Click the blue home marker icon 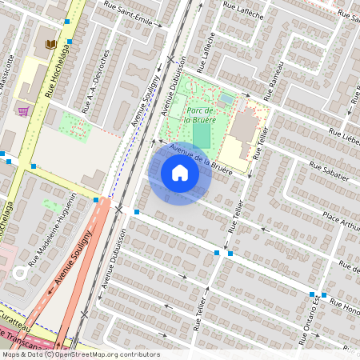pyautogui.click(x=180, y=173)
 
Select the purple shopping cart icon pyautogui.click(x=23, y=111)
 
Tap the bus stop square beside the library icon pyautogui.click(x=69, y=42)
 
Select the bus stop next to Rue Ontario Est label pyautogui.click(x=311, y=294)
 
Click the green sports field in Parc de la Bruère pyautogui.click(x=202, y=134)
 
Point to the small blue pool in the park pyautogui.click(x=227, y=99)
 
